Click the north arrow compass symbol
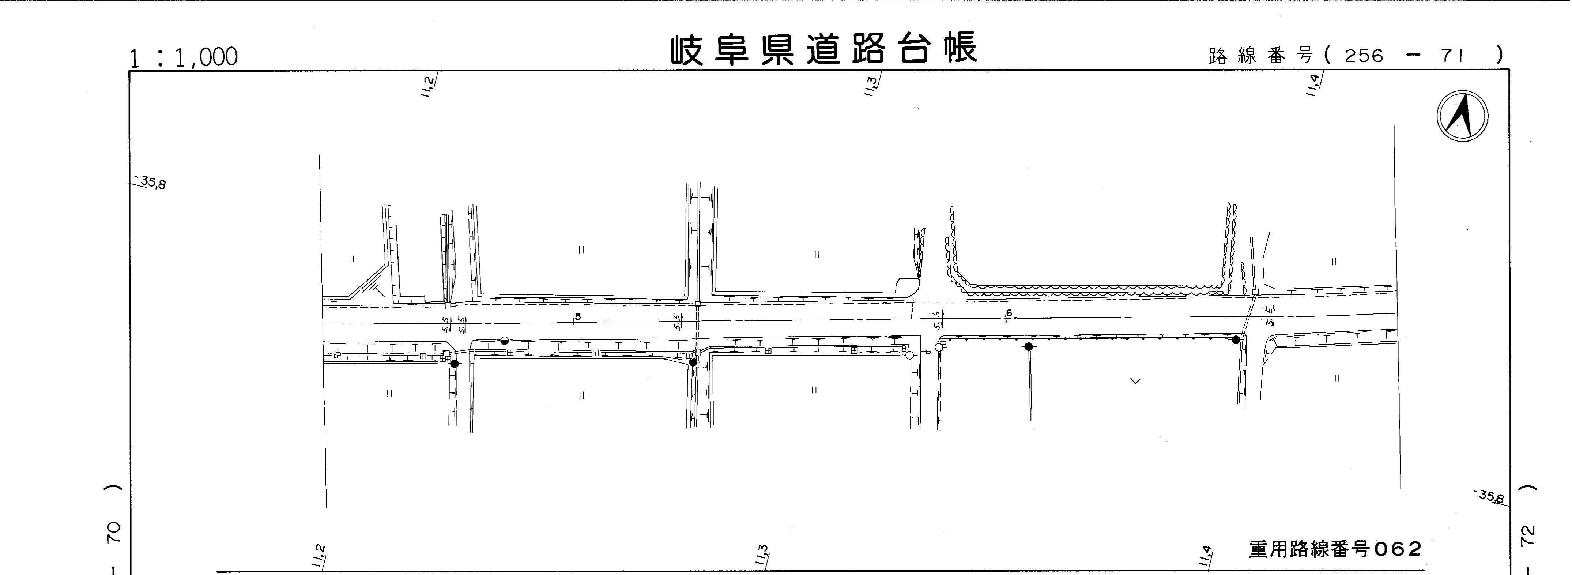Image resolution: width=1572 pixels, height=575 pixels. click(1462, 116)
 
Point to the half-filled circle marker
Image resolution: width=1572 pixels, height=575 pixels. click(504, 341)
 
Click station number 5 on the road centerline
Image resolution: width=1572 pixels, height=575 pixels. click(578, 316)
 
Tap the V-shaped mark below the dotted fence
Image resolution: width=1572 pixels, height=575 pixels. click(1135, 381)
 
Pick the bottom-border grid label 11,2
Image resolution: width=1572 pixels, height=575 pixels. click(318, 556)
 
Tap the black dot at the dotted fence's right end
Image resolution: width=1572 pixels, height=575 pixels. click(1236, 339)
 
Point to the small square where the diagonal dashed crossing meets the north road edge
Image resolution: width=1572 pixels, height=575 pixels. click(1255, 292)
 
